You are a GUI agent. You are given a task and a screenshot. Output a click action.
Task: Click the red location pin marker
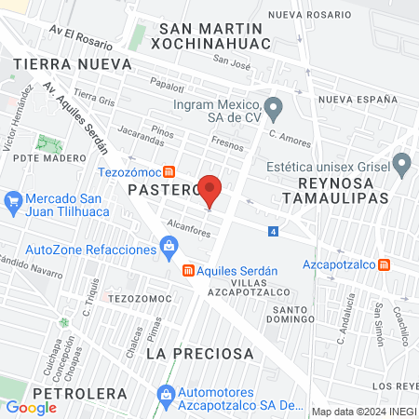pyautogui.click(x=211, y=191)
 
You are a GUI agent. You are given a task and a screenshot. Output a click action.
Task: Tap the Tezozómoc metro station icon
pyautogui.click(x=169, y=171)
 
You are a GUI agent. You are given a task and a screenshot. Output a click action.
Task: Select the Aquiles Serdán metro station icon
pyautogui.click(x=188, y=270)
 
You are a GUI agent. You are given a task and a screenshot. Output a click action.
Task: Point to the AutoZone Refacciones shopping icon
pyautogui.click(x=169, y=247)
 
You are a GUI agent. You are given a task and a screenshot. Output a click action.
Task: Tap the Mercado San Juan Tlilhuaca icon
pyautogui.click(x=13, y=200)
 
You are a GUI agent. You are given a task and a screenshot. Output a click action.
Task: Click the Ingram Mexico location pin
pyautogui.click(x=273, y=110)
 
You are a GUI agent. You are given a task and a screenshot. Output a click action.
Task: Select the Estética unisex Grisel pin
pyautogui.click(x=402, y=166)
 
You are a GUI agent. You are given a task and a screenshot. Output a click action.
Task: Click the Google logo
pyautogui.click(x=32, y=407)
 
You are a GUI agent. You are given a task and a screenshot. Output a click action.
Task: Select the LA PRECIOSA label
pyautogui.click(x=200, y=354)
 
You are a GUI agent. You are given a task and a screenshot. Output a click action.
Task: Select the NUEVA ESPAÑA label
pyautogui.click(x=353, y=99)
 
